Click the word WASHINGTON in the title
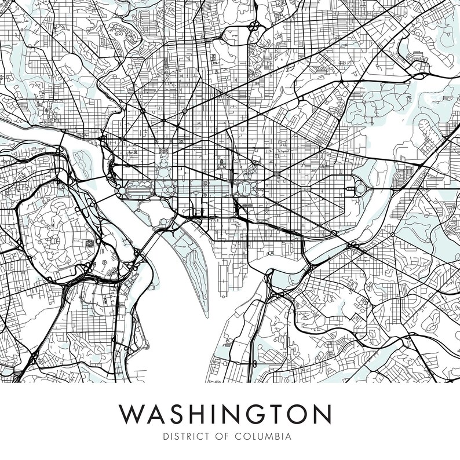225,414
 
